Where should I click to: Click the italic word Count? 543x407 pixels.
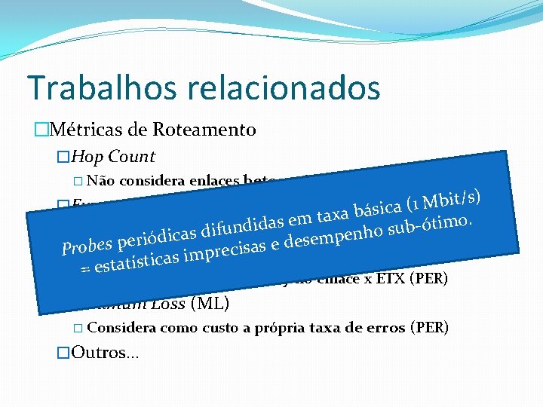click(132, 157)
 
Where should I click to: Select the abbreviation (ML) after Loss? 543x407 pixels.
click(210, 304)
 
